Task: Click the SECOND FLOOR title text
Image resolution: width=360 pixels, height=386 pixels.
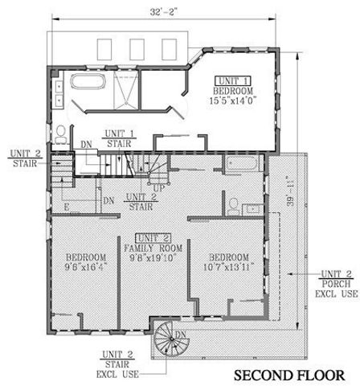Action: point(295,376)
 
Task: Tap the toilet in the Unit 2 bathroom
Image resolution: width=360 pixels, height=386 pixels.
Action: point(232,205)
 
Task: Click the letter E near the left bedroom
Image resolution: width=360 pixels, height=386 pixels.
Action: point(67,207)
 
